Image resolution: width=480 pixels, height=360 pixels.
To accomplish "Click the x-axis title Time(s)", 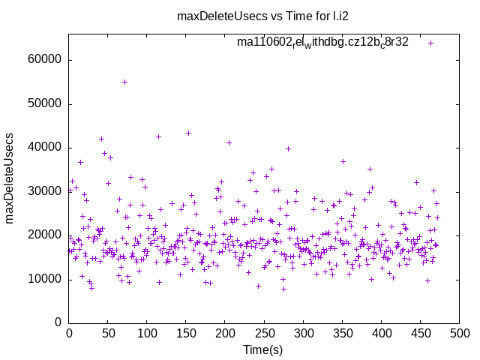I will tap(262, 350).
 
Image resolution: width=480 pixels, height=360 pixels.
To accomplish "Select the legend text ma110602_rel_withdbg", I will tap(322, 43).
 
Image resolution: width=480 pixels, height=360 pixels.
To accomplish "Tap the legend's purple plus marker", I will tap(430, 43).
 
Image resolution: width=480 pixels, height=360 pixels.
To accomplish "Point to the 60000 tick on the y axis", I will tap(46, 60).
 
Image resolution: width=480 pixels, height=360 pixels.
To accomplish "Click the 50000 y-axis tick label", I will tap(46, 103).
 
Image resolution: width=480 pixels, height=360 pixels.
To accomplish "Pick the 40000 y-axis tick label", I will tap(46, 147).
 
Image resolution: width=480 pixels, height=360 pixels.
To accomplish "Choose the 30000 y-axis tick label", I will tap(46, 191).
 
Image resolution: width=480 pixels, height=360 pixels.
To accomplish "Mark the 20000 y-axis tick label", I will tap(46, 235).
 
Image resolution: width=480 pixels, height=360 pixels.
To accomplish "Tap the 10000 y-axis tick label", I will tap(46, 279).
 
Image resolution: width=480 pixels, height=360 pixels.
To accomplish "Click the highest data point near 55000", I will tap(124, 82).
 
